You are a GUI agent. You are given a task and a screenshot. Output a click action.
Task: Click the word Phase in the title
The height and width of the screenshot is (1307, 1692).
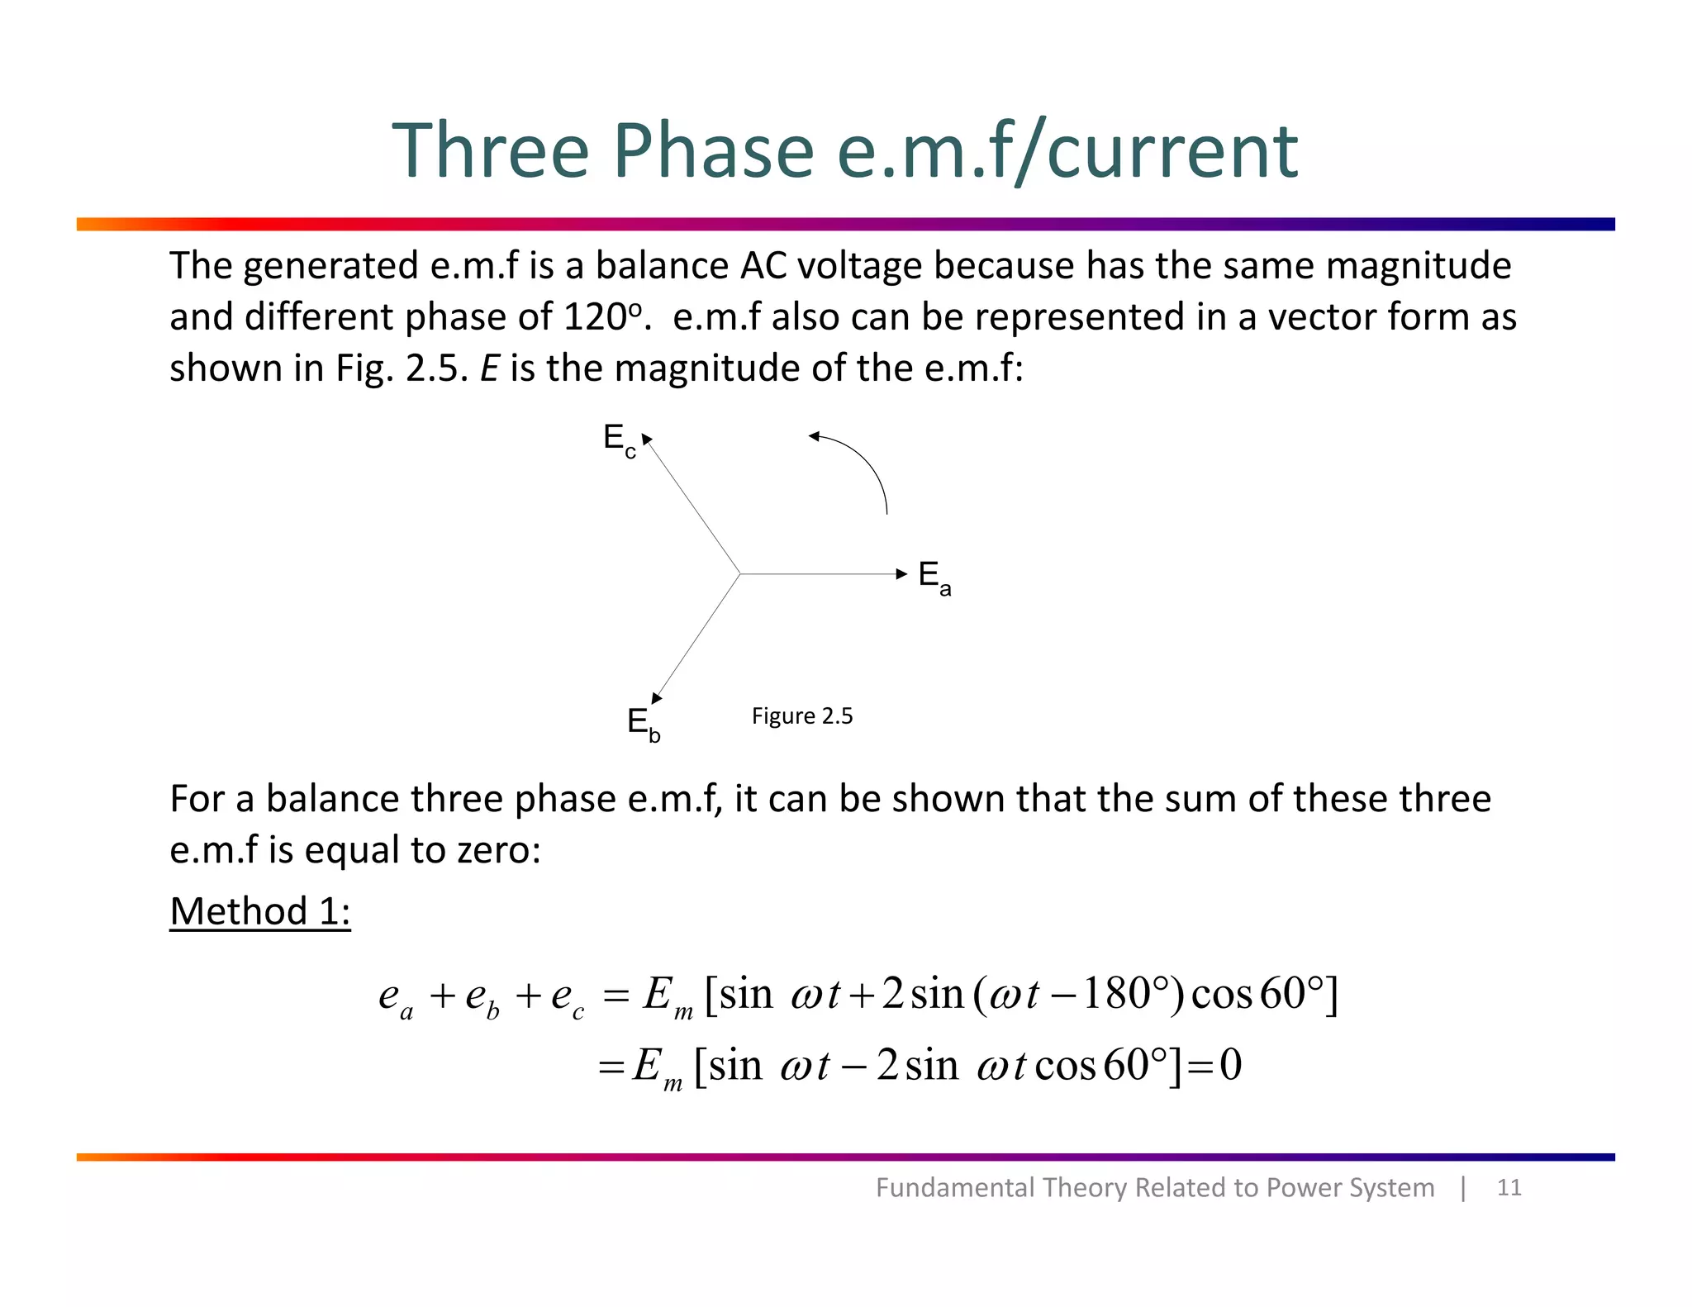point(712,151)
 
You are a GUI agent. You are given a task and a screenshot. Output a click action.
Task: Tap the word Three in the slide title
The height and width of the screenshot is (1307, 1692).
point(490,151)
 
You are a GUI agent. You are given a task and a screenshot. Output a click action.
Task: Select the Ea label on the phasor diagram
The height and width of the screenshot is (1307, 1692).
point(934,576)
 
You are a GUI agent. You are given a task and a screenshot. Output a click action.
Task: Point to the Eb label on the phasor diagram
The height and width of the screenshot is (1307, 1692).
point(643,725)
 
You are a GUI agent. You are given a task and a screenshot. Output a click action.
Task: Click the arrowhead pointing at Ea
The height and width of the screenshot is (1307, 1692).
point(901,573)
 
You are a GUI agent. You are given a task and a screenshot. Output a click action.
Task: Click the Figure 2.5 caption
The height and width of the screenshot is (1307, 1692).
point(801,715)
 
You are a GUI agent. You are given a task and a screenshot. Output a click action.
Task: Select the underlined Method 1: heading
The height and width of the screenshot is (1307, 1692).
point(260,911)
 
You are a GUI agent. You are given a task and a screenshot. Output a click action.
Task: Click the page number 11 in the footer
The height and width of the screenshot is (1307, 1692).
point(1509,1187)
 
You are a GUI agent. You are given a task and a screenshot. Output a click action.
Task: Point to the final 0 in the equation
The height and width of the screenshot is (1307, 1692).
point(1230,1065)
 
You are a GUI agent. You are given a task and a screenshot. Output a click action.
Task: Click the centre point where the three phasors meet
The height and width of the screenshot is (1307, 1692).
point(739,573)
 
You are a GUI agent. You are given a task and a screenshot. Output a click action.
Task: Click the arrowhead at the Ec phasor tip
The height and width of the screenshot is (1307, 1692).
point(647,440)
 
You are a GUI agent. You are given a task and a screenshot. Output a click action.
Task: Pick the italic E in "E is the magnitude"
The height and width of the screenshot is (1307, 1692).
point(490,368)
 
